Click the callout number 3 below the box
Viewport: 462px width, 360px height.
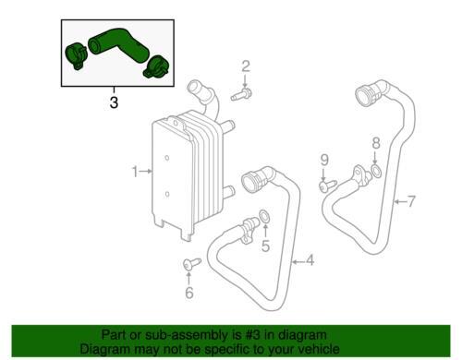coord(114,102)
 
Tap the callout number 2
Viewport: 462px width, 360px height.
coord(246,66)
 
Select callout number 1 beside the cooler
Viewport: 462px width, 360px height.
coord(135,172)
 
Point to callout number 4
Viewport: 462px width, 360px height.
coord(310,260)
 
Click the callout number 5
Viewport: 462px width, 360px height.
coord(265,246)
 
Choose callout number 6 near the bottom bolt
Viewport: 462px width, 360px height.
coord(189,293)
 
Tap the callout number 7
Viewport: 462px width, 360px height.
coord(411,201)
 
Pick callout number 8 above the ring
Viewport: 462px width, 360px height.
coord(376,143)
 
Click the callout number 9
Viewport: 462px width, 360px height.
coord(324,160)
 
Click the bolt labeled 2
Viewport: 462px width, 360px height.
coord(241,94)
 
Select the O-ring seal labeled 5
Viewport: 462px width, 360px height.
coord(264,216)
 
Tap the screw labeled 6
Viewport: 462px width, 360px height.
coord(191,264)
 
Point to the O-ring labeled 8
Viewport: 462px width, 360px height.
coord(376,171)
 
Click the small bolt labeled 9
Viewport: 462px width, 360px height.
coord(328,186)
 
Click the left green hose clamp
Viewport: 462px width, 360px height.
coord(76,56)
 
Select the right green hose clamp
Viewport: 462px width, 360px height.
coord(156,67)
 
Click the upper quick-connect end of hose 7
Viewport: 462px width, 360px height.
coord(366,94)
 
